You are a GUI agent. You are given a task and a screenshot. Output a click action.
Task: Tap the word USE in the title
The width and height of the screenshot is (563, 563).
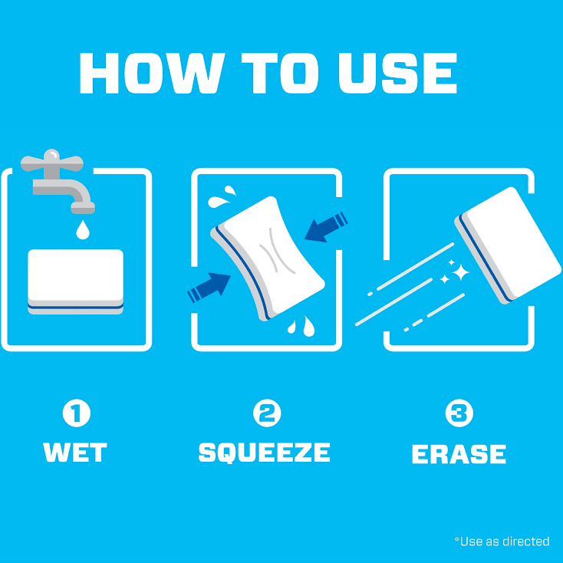(397, 73)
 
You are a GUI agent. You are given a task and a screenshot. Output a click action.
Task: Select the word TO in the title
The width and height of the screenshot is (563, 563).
(280, 73)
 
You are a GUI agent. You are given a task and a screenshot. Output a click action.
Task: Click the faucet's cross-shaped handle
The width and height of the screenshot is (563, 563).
(52, 163)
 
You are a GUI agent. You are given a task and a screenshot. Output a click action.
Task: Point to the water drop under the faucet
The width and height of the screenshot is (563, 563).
(83, 230)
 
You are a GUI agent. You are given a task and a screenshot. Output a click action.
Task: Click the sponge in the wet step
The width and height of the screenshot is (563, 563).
(75, 281)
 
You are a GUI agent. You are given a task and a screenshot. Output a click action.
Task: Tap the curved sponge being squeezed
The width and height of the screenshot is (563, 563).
(268, 258)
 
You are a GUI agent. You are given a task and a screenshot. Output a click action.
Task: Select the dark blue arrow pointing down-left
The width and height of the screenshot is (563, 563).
(326, 227)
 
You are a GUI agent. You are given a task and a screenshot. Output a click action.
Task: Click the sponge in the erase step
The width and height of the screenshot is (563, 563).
(508, 245)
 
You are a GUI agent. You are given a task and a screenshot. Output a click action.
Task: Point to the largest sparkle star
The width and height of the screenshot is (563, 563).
(460, 272)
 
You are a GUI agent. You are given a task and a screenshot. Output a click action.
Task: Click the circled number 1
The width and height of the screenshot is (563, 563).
(77, 413)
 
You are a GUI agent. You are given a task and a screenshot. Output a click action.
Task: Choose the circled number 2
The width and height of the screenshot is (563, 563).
(267, 413)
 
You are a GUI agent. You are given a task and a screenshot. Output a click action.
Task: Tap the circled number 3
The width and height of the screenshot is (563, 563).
(459, 413)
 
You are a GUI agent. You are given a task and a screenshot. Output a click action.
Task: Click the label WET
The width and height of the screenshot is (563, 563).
(75, 452)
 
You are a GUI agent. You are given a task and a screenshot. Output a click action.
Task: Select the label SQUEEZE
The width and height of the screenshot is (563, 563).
(265, 453)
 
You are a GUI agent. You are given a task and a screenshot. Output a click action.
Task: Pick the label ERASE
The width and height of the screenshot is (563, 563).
(459, 454)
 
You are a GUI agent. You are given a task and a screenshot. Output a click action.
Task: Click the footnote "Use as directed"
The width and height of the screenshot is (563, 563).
(502, 541)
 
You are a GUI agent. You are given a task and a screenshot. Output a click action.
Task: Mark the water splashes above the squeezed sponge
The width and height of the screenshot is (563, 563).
(222, 196)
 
